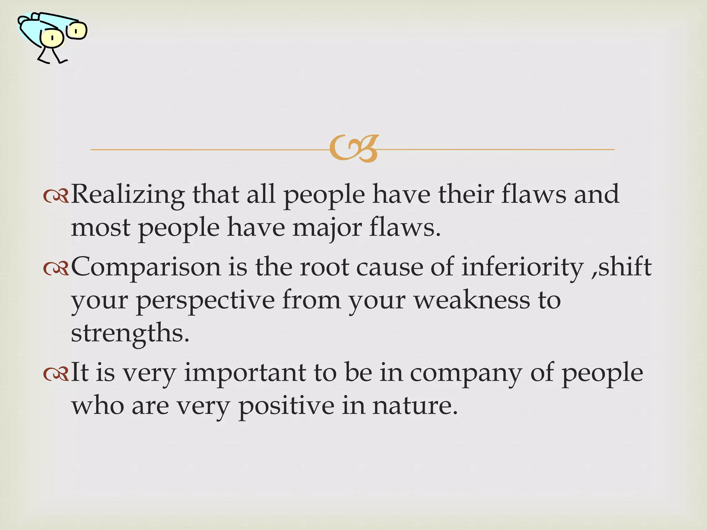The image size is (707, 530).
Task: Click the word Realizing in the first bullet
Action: [127, 195]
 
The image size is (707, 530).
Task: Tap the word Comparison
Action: [146, 267]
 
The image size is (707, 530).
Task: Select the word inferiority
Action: [522, 267]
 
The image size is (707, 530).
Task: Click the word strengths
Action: [130, 333]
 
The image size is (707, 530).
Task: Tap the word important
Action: [245, 373]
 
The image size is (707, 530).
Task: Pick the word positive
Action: [286, 406]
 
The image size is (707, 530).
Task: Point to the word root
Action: [325, 267]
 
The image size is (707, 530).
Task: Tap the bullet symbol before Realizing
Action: [56, 196]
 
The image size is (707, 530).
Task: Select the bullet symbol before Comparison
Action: [56, 268]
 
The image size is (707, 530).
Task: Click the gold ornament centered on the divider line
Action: [353, 149]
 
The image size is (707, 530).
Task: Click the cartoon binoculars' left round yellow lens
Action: [52, 38]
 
